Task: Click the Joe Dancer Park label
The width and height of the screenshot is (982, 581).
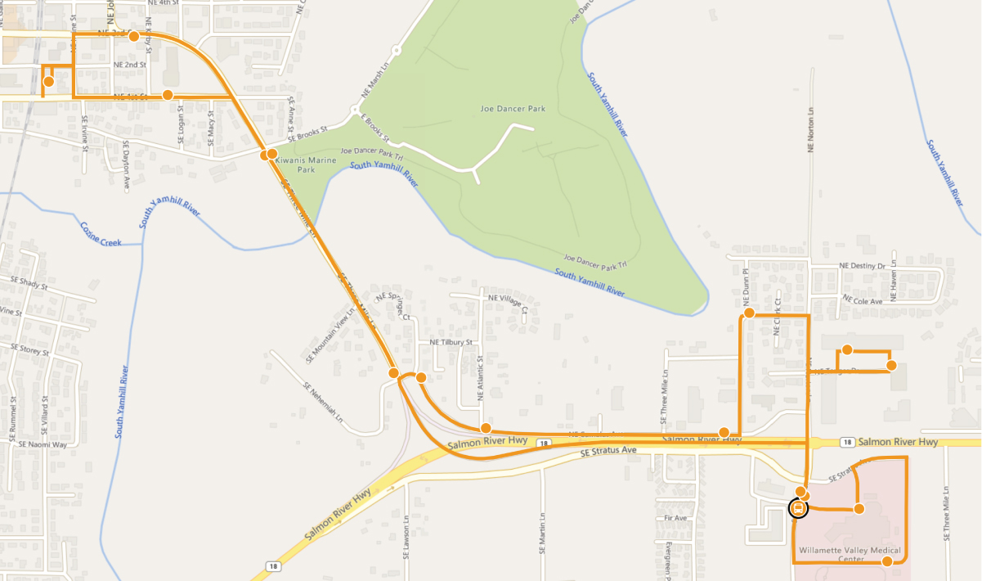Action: click(x=513, y=108)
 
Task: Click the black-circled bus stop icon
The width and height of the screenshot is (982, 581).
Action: click(x=798, y=508)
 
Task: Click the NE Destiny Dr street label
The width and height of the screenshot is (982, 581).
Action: click(x=862, y=266)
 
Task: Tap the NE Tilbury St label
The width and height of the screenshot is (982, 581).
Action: click(x=451, y=342)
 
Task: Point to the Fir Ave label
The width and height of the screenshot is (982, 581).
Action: click(x=675, y=518)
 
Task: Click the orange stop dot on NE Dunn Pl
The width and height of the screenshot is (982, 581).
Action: click(x=748, y=313)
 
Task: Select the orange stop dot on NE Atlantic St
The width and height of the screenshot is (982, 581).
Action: click(x=486, y=428)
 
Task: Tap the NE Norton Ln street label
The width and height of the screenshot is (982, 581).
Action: click(x=811, y=132)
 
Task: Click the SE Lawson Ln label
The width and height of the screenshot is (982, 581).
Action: click(x=406, y=535)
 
